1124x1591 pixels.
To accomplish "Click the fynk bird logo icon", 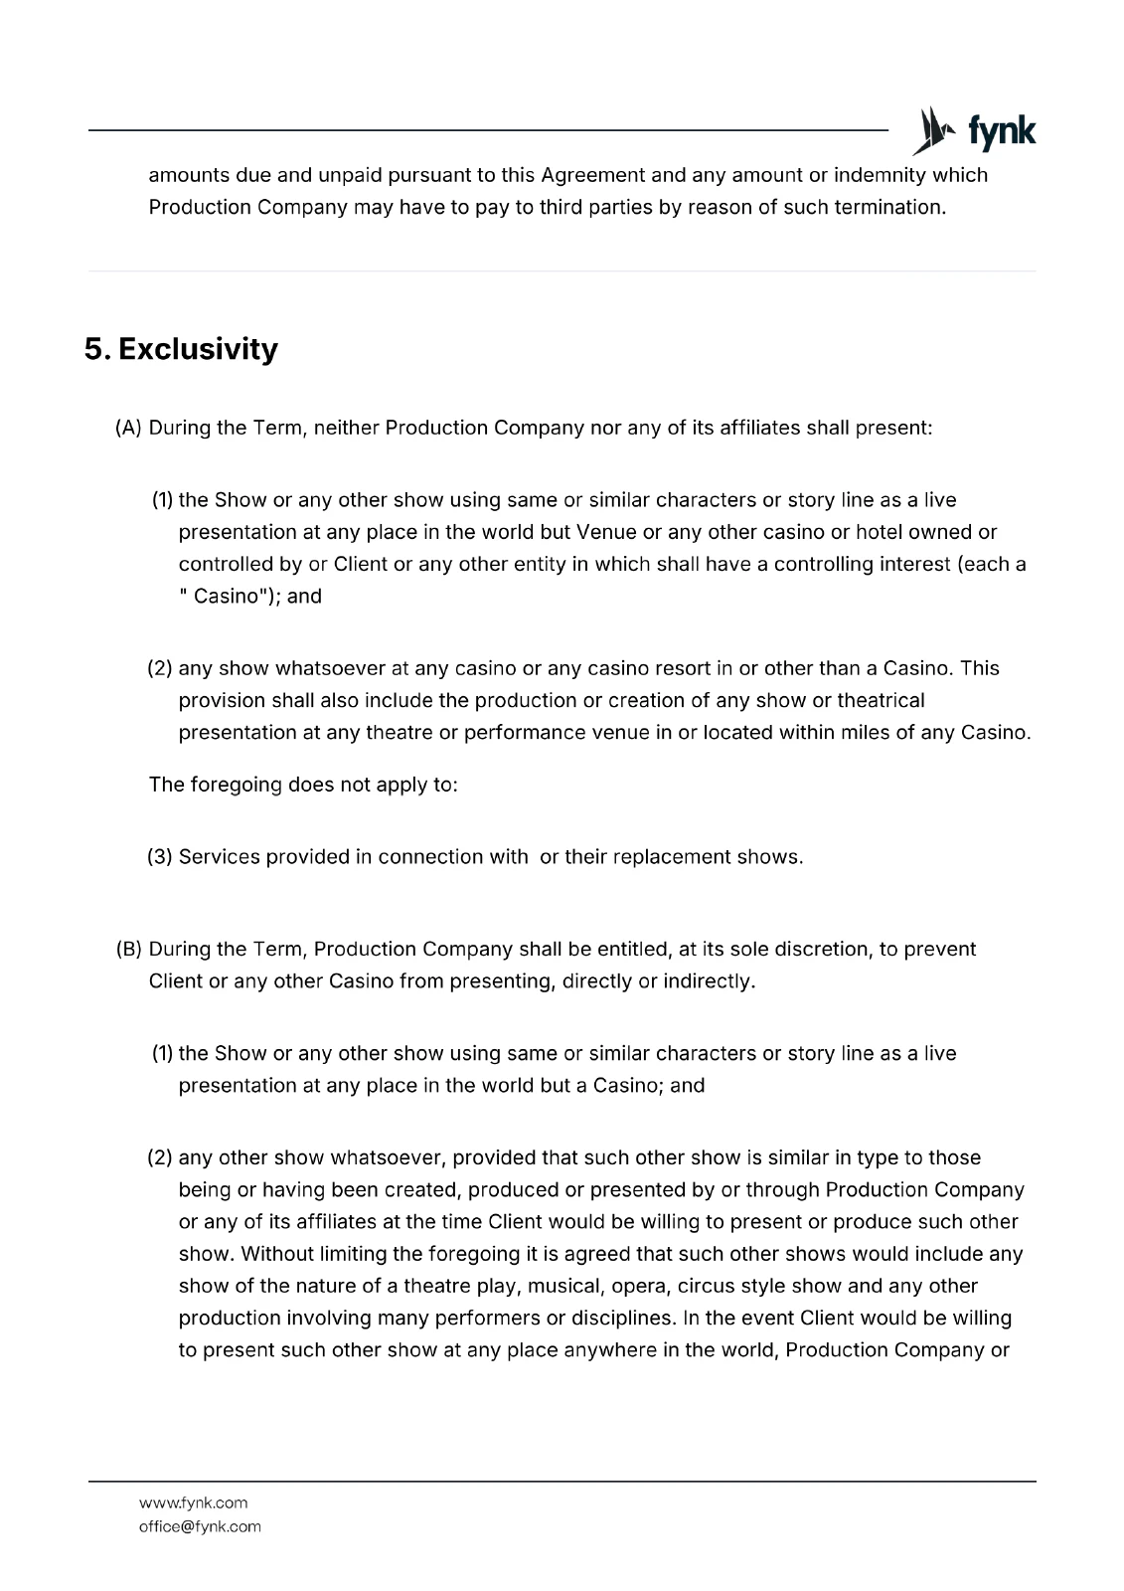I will [933, 130].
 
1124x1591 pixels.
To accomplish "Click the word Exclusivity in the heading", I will [198, 349].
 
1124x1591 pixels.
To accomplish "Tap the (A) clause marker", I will [129, 429].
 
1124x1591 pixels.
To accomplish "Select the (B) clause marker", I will [129, 950].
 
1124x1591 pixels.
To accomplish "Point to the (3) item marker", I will [160, 857].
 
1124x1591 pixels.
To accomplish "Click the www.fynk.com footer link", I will [194, 1503].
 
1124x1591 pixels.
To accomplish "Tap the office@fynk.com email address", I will [200, 1526].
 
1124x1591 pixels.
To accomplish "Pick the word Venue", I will [606, 532].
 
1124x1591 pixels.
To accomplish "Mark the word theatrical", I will [881, 700].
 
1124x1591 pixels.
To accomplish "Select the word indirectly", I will [709, 981].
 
